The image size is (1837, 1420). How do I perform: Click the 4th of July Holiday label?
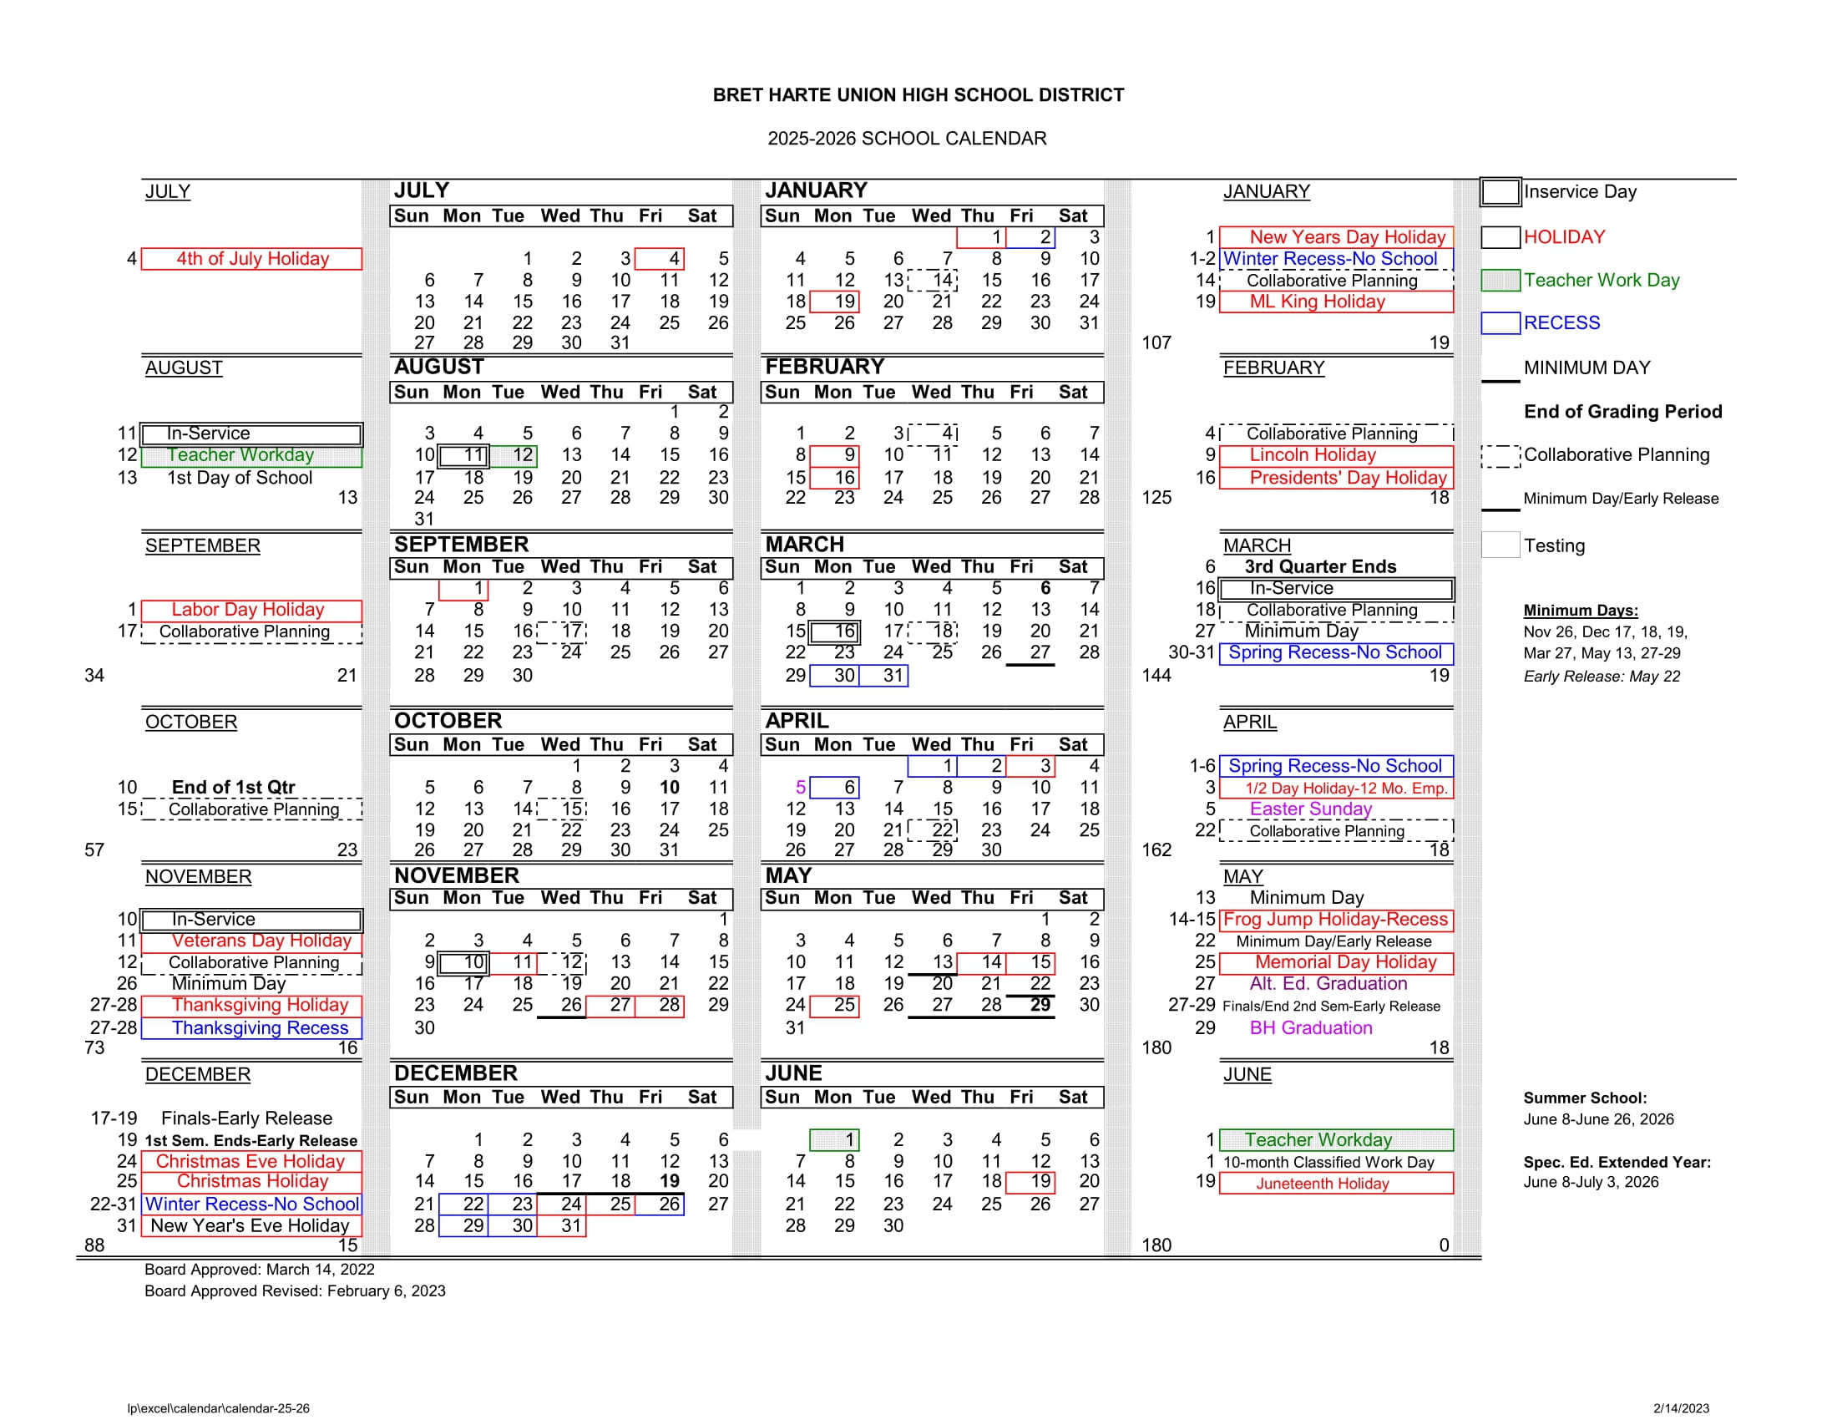tap(252, 259)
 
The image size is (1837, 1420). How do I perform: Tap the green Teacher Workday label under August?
tap(240, 455)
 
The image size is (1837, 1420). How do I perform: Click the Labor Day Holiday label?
tap(248, 610)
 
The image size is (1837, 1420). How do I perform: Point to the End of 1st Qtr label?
tap(234, 788)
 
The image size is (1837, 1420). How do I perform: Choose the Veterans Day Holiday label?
tap(261, 941)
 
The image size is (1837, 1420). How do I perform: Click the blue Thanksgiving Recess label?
tap(260, 1028)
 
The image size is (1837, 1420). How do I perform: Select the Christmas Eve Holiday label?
tap(250, 1161)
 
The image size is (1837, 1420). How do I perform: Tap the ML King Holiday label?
tap(1317, 302)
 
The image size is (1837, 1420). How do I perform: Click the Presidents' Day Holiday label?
tap(1348, 478)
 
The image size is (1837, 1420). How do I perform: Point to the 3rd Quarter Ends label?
tap(1321, 567)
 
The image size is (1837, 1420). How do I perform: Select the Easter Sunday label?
tap(1310, 809)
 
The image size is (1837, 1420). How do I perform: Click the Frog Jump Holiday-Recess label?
tap(1336, 920)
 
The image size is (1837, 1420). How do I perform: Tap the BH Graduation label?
tap(1310, 1028)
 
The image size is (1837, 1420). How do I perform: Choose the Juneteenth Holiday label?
tap(1323, 1184)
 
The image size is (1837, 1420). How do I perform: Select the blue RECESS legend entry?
tap(1561, 323)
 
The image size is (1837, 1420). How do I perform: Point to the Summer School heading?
tap(1585, 1098)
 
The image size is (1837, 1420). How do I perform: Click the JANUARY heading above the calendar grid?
tap(816, 191)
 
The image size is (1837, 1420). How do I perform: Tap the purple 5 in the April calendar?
tap(801, 788)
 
